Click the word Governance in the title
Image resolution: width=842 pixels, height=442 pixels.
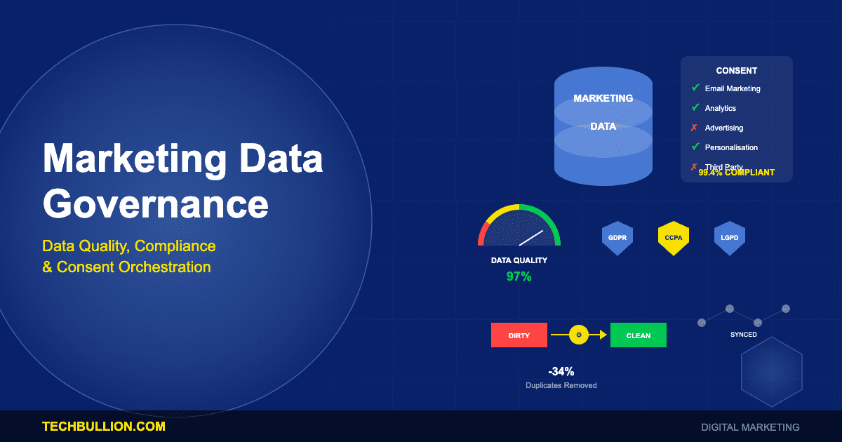pyautogui.click(x=156, y=204)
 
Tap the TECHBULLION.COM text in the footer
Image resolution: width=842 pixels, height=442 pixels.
pyautogui.click(x=104, y=427)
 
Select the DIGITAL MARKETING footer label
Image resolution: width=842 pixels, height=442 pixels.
pyautogui.click(x=750, y=427)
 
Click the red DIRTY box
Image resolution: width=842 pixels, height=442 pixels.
pyautogui.click(x=519, y=335)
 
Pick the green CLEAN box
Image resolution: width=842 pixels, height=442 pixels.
pyautogui.click(x=638, y=335)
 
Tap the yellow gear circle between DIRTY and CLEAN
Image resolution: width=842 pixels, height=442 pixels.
pyautogui.click(x=578, y=335)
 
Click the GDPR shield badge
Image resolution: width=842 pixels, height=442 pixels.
pyautogui.click(x=617, y=238)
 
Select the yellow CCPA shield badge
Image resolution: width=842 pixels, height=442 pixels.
pyautogui.click(x=673, y=238)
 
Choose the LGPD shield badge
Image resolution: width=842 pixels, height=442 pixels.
pyautogui.click(x=729, y=238)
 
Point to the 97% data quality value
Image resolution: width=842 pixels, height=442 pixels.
pyautogui.click(x=519, y=276)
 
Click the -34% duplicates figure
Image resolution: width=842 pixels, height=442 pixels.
pyautogui.click(x=561, y=372)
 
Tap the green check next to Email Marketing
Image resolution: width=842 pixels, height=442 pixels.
pyautogui.click(x=695, y=88)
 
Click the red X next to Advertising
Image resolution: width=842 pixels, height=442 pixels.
pyautogui.click(x=694, y=128)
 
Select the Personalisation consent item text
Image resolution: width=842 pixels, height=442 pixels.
pyautogui.click(x=731, y=147)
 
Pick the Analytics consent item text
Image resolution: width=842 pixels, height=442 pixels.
pyautogui.click(x=720, y=108)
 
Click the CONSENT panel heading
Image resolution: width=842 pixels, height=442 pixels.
pyautogui.click(x=736, y=71)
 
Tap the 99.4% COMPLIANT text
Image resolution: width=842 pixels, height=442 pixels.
pyautogui.click(x=737, y=173)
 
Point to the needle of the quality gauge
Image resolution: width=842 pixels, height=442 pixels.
pyautogui.click(x=532, y=238)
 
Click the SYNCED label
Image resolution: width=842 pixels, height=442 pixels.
pyautogui.click(x=743, y=335)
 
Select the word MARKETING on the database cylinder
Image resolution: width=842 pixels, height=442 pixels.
pyautogui.click(x=603, y=98)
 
